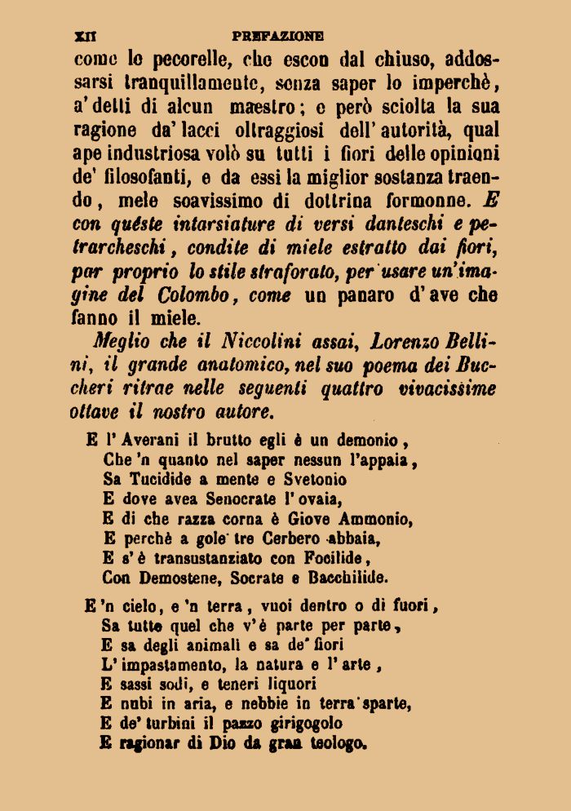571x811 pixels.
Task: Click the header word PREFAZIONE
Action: [277, 36]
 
